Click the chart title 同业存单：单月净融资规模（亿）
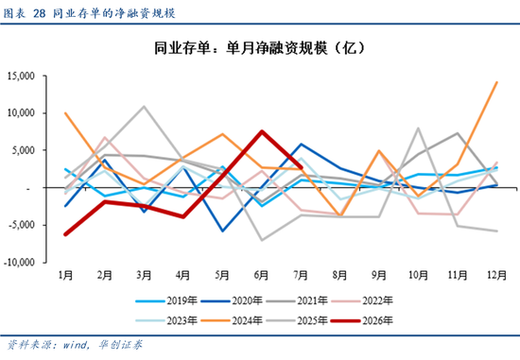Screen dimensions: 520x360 259,48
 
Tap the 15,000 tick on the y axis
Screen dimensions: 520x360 21,76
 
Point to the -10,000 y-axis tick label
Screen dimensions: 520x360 19,263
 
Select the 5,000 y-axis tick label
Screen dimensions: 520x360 24,150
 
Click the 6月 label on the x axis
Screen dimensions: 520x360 261,275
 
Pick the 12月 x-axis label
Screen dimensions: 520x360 496,275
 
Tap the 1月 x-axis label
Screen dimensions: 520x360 65,275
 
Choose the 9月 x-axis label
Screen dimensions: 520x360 379,275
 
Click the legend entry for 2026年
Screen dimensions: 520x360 363,320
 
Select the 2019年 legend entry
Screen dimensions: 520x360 166,300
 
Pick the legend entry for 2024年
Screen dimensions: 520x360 232,320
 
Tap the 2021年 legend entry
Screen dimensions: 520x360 297,300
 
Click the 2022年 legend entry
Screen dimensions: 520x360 362,300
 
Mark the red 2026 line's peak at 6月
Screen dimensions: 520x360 262,131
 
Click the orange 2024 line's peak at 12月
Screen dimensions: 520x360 496,82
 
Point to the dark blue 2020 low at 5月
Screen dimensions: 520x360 222,231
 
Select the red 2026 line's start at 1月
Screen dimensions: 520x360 65,234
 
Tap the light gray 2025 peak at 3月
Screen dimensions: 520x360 144,107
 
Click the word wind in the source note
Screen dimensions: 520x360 76,345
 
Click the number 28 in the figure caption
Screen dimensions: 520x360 39,13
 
